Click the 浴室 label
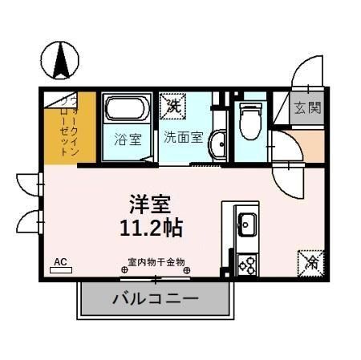[x=129, y=137]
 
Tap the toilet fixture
[x=249, y=120]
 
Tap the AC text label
[x=59, y=261]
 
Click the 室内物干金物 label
[x=157, y=261]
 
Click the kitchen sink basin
[x=245, y=223]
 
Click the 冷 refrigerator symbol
[x=310, y=261]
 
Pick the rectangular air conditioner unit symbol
[x=60, y=270]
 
